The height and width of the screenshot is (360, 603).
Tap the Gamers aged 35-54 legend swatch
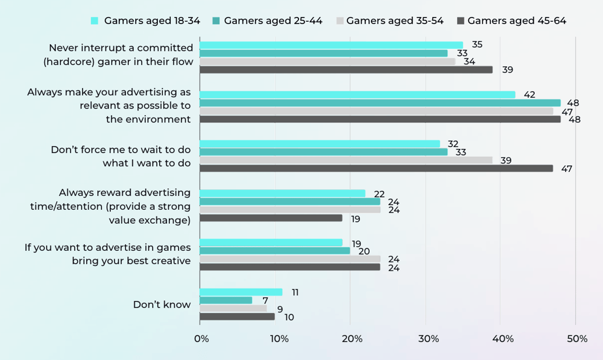coord(340,21)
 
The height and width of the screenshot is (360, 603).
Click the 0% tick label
coord(201,339)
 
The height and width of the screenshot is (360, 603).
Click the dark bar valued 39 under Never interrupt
coord(346,69)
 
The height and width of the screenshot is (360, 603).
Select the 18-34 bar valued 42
coord(358,94)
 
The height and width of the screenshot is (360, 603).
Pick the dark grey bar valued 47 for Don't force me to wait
coord(376,168)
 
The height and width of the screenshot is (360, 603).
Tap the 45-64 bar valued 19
coord(271,218)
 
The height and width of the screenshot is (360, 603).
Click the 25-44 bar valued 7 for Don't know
coord(226,300)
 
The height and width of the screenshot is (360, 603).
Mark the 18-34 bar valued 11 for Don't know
coord(241,292)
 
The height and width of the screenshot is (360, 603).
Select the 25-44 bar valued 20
coord(275,250)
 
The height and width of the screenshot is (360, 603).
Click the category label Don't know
coord(162,305)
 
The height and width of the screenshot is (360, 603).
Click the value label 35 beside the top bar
coord(477,45)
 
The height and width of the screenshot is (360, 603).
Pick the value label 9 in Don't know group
coord(280,309)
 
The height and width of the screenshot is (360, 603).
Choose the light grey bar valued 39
coord(346,160)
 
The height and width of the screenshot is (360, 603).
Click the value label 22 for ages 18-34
coord(379,194)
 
